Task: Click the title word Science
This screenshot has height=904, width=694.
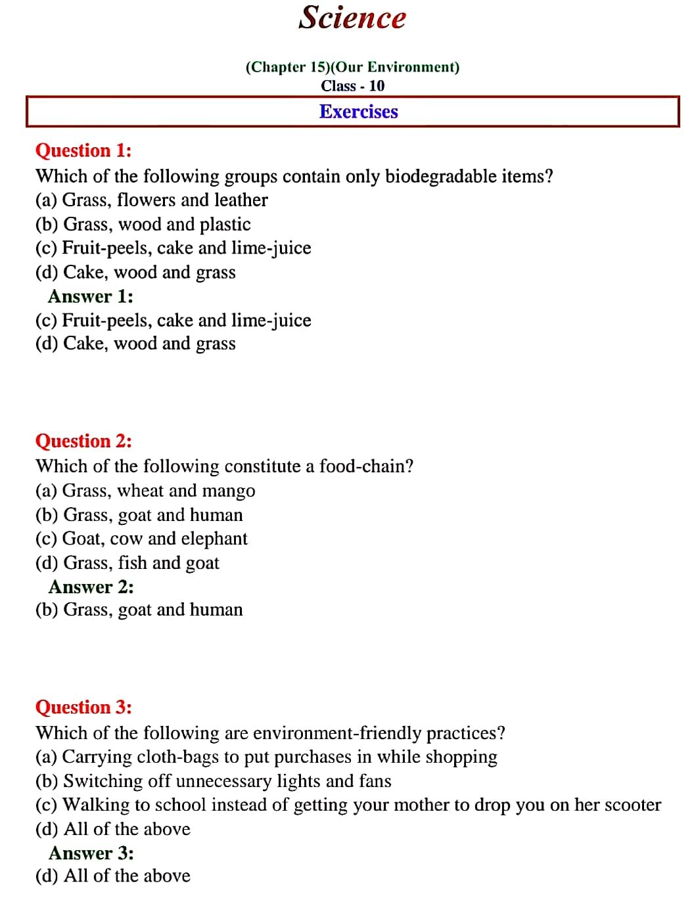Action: click(x=352, y=18)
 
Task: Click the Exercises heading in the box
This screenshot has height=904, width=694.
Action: click(x=358, y=112)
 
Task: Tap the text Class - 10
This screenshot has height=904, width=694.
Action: click(x=352, y=86)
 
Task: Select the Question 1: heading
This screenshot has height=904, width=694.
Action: click(x=83, y=150)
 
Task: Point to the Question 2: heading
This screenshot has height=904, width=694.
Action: click(x=83, y=441)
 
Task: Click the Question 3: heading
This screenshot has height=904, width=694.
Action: click(x=83, y=708)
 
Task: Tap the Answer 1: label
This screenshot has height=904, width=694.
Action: click(x=91, y=296)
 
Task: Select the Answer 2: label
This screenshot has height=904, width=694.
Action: click(x=91, y=587)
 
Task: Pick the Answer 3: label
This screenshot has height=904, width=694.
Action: click(x=91, y=853)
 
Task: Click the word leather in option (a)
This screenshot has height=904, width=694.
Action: click(x=241, y=200)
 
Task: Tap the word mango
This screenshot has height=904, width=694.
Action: click(x=229, y=491)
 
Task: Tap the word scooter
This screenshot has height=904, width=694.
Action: click(x=632, y=805)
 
